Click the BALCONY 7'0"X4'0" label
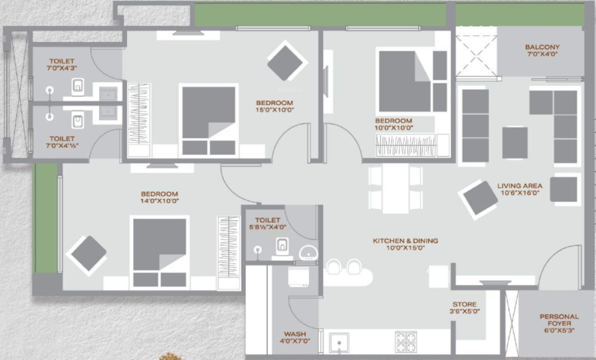[x=542, y=50]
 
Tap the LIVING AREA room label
[x=520, y=189]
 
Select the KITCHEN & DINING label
[x=405, y=244]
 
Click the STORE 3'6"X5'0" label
[x=464, y=308]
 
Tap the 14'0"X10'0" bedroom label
[x=159, y=197]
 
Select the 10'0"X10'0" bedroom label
[x=394, y=124]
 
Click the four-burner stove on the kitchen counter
[x=405, y=341]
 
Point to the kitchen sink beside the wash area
[x=339, y=342]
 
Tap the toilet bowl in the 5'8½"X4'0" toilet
[x=282, y=245]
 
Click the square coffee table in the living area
[x=514, y=142]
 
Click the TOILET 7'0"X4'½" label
[x=62, y=142]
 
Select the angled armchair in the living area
[x=479, y=198]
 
